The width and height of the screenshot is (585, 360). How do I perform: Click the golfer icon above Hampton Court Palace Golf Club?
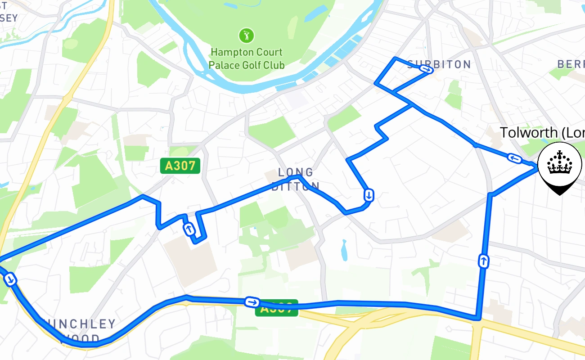coord(246,35)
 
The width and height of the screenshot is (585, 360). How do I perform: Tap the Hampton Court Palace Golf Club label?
coord(246,59)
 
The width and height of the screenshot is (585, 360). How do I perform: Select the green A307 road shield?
coord(180,166)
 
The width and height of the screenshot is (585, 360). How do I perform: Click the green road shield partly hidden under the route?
coord(276,309)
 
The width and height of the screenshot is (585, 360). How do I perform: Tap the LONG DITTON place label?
coord(296,179)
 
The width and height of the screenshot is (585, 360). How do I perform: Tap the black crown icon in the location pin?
coord(559,162)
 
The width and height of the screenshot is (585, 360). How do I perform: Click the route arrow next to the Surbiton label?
coord(426,69)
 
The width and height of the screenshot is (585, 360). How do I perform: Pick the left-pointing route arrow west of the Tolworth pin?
coord(514,158)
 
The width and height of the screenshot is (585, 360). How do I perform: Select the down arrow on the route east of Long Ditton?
coord(369,195)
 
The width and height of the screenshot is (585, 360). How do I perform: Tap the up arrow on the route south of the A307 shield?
coord(189,229)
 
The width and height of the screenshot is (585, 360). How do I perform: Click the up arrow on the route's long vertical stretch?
coord(483,261)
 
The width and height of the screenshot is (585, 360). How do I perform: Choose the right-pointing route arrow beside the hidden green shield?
coord(251,302)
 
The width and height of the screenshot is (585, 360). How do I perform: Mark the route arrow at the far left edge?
coord(11,279)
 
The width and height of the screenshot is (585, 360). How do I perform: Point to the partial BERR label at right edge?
coord(571,64)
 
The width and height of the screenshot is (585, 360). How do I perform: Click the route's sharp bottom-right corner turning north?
coord(477,319)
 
